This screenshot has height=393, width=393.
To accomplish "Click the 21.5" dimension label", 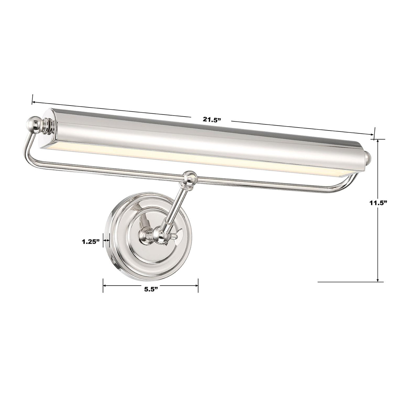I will [211, 119].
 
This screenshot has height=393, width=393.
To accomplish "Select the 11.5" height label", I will [378, 203].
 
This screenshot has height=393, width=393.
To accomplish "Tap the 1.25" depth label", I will [90, 241].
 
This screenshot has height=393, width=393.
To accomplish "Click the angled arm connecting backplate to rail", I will [175, 207].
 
